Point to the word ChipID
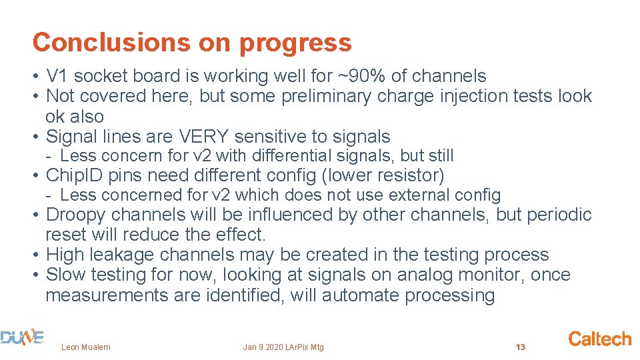point(71,176)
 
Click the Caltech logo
point(599,339)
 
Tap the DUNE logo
point(22,339)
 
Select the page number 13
point(521,347)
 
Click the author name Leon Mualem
point(86,347)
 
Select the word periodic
point(559,215)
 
